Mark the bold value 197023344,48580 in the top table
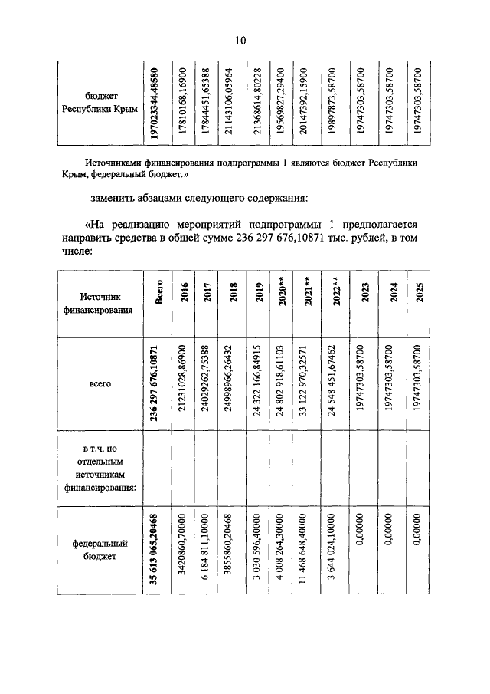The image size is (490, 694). click(x=155, y=103)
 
